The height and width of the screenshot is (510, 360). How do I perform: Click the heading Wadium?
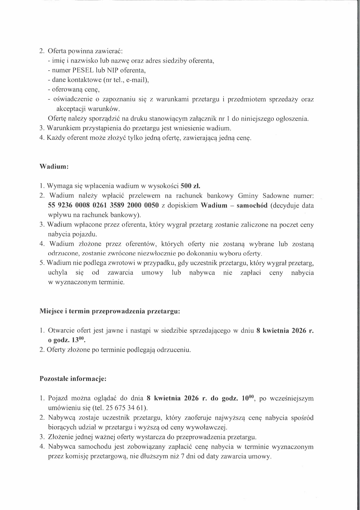(54, 167)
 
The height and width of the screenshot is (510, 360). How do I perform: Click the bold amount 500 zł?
(190, 186)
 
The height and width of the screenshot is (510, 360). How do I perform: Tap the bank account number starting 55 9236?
(103, 205)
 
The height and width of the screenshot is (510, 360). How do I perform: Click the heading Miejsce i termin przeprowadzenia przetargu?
(110, 312)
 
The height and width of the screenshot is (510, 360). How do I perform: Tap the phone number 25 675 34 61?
(121, 408)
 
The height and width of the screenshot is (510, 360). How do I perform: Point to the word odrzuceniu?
(174, 350)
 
